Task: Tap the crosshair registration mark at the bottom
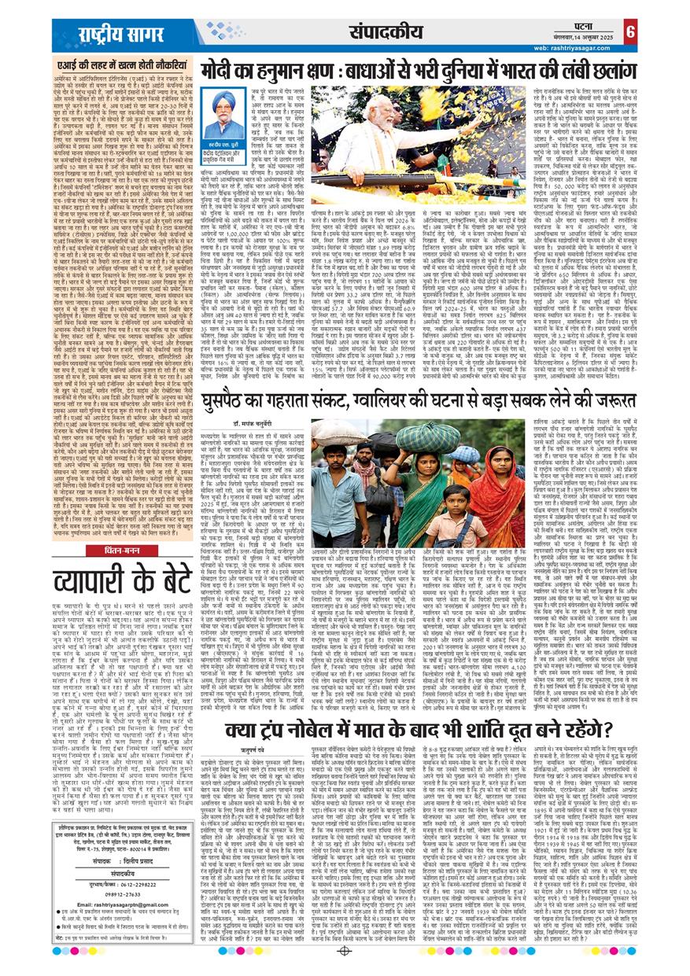344,951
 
